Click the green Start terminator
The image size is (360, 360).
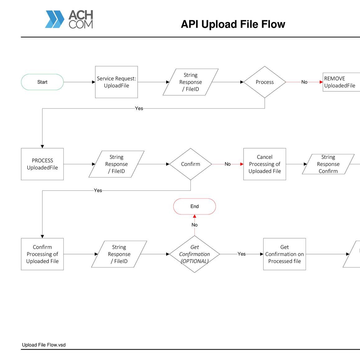pyautogui.click(x=42, y=82)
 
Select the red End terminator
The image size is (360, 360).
pyautogui.click(x=194, y=206)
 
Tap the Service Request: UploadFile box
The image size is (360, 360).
pyautogui.click(x=116, y=82)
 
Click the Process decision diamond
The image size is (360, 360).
pyautogui.click(x=265, y=82)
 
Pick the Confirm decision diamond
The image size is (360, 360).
pyautogui.click(x=191, y=164)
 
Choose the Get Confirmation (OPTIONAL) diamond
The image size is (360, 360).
pyautogui.click(x=194, y=254)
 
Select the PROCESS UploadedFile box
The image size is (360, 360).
pyautogui.click(x=42, y=164)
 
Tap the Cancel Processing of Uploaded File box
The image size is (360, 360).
pyautogui.click(x=265, y=164)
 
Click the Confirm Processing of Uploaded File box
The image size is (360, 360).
pyautogui.click(x=42, y=254)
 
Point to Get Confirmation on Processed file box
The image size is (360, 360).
pyautogui.click(x=285, y=254)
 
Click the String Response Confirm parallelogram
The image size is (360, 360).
pyautogui.click(x=328, y=164)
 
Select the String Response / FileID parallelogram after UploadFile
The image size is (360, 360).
pyautogui.click(x=190, y=82)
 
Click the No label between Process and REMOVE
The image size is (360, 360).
pyautogui.click(x=304, y=82)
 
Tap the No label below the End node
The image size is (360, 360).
pyautogui.click(x=194, y=225)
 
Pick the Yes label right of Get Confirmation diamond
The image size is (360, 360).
pyautogui.click(x=242, y=254)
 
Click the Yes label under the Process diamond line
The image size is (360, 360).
pyautogui.click(x=139, y=108)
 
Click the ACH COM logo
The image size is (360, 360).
pyautogui.click(x=69, y=19)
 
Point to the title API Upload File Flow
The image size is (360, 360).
pyautogui.click(x=233, y=24)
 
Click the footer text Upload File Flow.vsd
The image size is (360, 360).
pyautogui.click(x=44, y=345)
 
